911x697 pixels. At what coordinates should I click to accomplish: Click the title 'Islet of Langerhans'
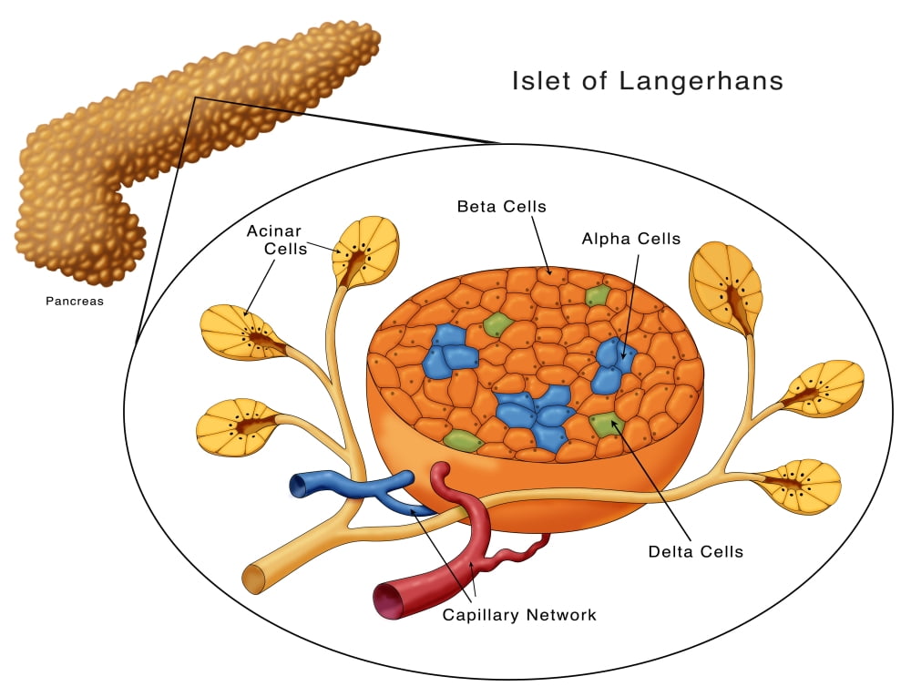[x=647, y=81]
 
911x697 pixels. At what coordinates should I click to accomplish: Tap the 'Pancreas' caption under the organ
[x=75, y=301]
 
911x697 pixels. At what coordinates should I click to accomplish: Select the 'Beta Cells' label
[x=501, y=207]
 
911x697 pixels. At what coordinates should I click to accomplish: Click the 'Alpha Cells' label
[x=631, y=240]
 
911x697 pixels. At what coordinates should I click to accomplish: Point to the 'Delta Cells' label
[x=695, y=551]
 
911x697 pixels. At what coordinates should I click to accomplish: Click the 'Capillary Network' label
[x=519, y=615]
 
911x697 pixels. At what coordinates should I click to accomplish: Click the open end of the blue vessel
[x=297, y=486]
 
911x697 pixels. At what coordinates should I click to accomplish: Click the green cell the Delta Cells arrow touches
[x=606, y=423]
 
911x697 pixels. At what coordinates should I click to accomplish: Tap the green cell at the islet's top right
[x=597, y=295]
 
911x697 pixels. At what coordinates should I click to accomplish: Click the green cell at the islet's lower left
[x=463, y=441]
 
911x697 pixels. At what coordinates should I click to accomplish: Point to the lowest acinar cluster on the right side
[x=802, y=486]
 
